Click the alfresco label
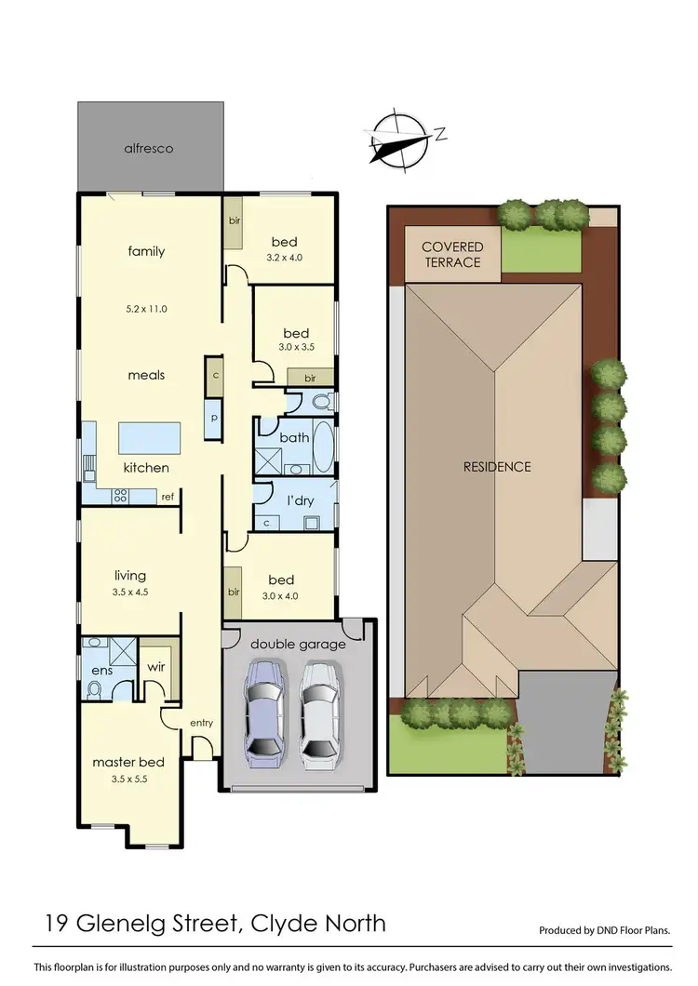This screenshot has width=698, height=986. coord(150,148)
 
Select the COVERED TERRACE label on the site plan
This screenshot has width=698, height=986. coord(452,254)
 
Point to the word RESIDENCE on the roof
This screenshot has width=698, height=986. coord(497,466)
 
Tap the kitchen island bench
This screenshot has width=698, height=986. coord(149,437)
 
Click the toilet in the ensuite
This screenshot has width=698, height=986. coord(94,689)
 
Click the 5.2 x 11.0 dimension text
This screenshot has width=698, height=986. coord(146,309)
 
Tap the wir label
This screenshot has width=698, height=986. coord(156,666)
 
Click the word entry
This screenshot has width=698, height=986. coord(202,723)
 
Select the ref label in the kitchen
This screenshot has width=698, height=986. coord(168,497)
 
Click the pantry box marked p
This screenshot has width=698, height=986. coord(213,419)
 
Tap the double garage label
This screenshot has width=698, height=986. coord(298,644)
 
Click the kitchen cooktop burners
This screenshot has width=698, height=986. coord(119,496)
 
